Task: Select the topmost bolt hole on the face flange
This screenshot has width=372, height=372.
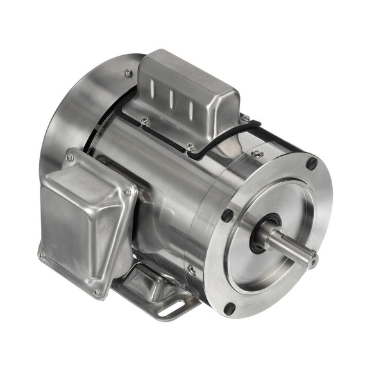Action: coord(311,164)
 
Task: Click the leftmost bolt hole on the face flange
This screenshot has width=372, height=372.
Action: coord(226,216)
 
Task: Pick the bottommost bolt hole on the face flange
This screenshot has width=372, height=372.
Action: coord(228,309)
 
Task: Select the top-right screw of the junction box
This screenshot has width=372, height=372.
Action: coord(127,192)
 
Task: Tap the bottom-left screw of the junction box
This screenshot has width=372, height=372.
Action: coord(42,255)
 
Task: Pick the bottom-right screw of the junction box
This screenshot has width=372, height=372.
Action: coord(97,292)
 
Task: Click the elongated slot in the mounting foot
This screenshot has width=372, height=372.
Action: coord(169,310)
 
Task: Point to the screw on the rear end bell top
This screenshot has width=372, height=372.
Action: coord(129,72)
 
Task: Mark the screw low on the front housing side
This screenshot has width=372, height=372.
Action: coord(192,270)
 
